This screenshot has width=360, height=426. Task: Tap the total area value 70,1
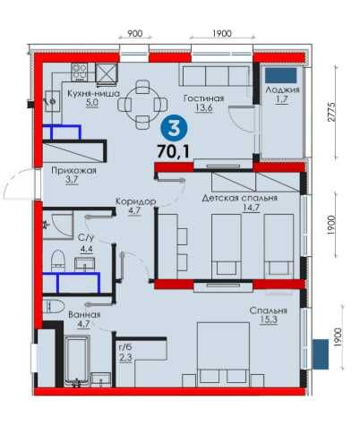pyautogui.click(x=173, y=151)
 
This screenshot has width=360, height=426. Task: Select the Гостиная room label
pyautogui.click(x=204, y=98)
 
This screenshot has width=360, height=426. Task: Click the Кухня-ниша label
pyautogui.click(x=93, y=93)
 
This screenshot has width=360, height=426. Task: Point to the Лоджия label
pyautogui.click(x=282, y=89)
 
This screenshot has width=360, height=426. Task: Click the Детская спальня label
pyautogui.click(x=240, y=198)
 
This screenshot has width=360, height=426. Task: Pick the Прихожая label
pyautogui.click(x=73, y=170)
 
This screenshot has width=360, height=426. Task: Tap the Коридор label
pyautogui.click(x=135, y=201)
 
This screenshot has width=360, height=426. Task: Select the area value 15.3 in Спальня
pyautogui.click(x=269, y=319)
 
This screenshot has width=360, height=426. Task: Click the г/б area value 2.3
pyautogui.click(x=125, y=357)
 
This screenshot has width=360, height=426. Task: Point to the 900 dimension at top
pyautogui.click(x=135, y=33)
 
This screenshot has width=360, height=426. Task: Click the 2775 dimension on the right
pyautogui.click(x=331, y=112)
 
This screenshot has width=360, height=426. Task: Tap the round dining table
pyautogui.click(x=142, y=105)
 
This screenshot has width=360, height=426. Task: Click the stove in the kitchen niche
pyautogui.click(x=79, y=72)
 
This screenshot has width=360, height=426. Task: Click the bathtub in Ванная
pyautogui.click(x=76, y=361)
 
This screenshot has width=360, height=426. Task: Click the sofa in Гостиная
pyautogui.click(x=216, y=76)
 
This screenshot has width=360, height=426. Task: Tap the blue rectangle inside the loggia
pyautogui.click(x=280, y=75)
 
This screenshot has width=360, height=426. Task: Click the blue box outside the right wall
pyautogui.click(x=321, y=354)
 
